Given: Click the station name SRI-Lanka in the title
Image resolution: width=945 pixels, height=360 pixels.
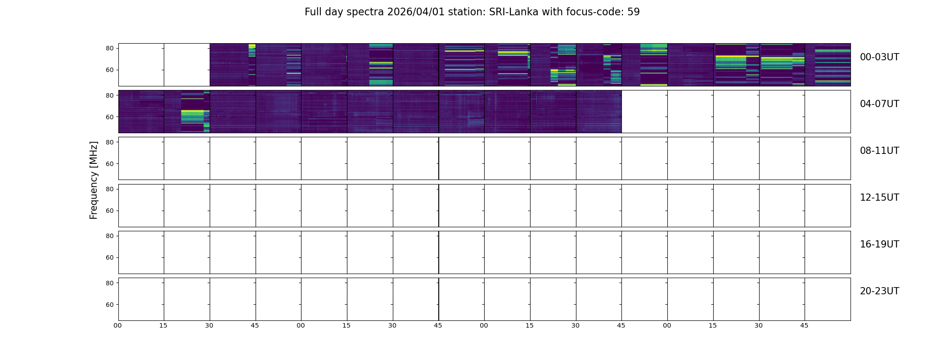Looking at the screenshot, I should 513,12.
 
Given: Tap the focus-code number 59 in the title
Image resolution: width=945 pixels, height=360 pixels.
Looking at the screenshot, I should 634,12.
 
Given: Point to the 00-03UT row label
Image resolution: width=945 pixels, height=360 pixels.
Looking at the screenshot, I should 879,57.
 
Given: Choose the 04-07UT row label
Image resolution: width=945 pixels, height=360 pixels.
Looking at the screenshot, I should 879,104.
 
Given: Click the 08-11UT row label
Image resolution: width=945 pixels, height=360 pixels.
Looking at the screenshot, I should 879,151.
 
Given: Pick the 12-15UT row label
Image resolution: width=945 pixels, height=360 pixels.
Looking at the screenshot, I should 879,198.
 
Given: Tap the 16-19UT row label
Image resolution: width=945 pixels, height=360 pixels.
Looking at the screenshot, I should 879,244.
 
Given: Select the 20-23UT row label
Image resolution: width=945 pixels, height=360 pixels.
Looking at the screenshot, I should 879,291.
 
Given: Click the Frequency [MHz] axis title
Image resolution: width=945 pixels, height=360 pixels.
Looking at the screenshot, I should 94,180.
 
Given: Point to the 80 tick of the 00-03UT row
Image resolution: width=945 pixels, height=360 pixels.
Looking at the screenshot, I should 110,48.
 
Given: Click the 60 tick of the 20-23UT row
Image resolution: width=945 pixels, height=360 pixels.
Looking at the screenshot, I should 110,305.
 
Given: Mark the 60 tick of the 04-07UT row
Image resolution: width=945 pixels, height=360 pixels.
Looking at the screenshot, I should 110,117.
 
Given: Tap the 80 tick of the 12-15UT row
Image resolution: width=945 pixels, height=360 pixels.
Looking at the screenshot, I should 110,189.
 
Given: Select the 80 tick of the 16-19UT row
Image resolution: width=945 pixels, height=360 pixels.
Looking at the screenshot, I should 110,236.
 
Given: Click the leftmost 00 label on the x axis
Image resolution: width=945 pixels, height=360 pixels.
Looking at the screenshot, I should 118,325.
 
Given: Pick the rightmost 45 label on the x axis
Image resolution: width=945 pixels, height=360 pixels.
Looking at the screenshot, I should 804,325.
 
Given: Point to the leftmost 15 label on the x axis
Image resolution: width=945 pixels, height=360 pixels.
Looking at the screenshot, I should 163,325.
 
